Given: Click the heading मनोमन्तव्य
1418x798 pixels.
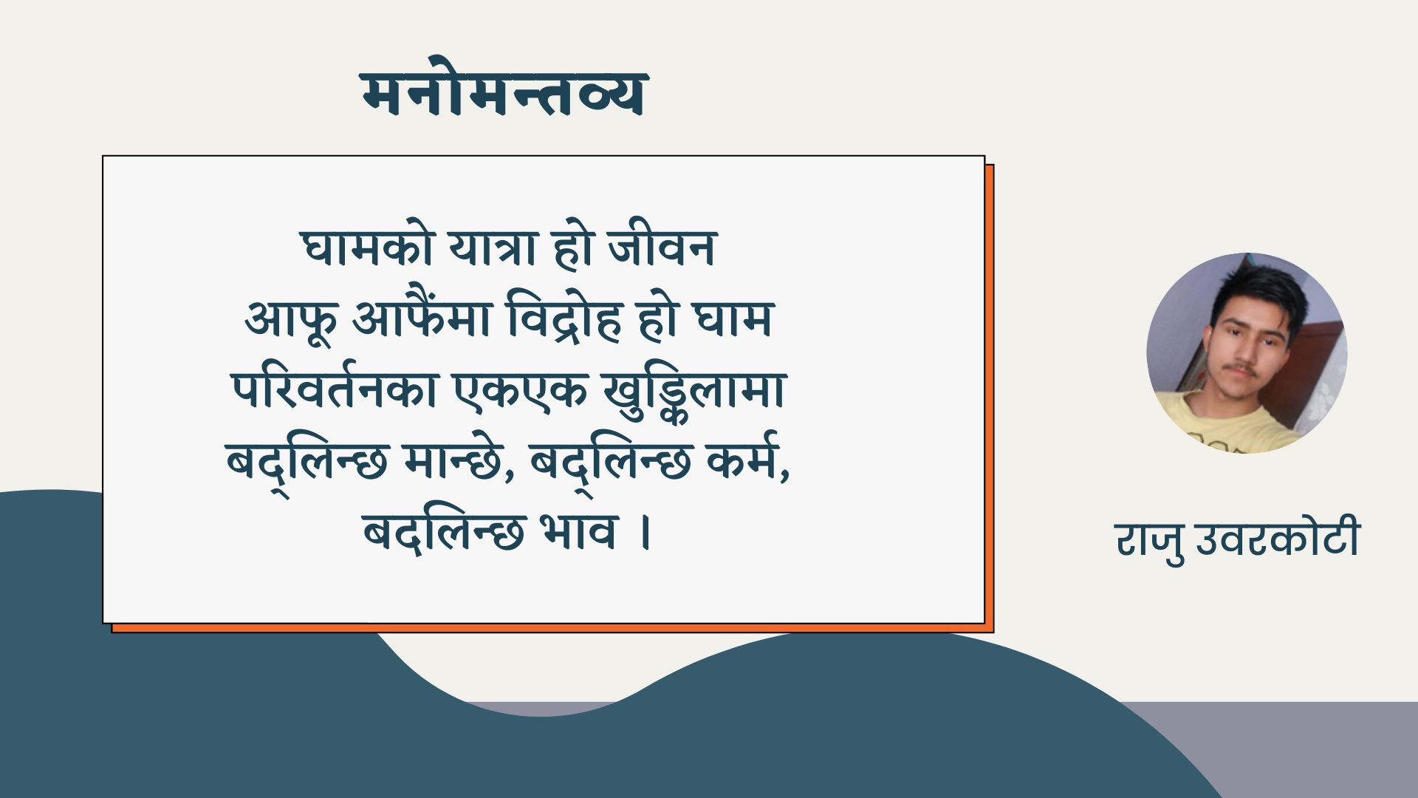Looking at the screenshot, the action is tap(504, 94).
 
